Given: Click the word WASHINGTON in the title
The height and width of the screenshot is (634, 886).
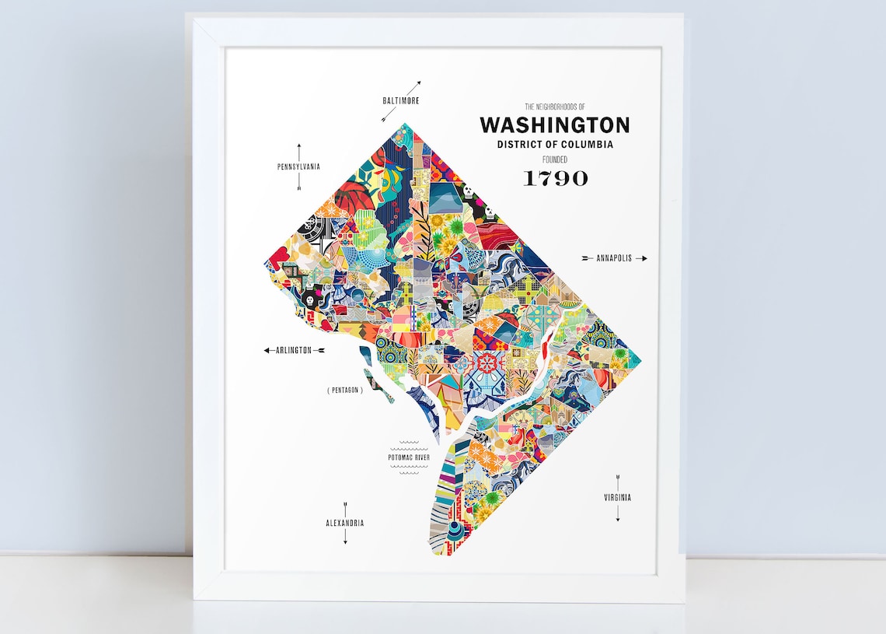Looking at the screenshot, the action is coord(554,125).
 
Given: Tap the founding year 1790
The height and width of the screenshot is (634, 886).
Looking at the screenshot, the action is coord(555,178).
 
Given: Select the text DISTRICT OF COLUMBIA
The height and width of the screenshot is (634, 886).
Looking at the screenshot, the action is coord(555,145).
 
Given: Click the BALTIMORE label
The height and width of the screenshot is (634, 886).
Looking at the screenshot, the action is coord(401,101).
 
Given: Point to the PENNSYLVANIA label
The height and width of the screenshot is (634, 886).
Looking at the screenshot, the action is coord(298,166).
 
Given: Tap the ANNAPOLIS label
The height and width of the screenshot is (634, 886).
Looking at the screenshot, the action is coord(613,258).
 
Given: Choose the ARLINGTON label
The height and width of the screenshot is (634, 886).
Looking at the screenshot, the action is coord(294,351).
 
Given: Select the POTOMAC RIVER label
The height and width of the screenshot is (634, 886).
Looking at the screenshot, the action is coord(409,457).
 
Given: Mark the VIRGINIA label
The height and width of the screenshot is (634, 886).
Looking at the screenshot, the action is coord(618,498).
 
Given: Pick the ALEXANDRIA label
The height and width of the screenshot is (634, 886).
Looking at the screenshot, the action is coord(345,524).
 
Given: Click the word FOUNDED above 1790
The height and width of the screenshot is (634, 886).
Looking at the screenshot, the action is coord(555,159).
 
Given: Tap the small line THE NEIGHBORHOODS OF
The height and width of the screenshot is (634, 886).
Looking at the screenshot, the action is coord(555,107).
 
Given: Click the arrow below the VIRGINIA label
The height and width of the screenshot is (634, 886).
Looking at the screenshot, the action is coord(618,513).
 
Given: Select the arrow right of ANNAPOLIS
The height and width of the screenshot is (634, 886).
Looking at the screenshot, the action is coord(640,258).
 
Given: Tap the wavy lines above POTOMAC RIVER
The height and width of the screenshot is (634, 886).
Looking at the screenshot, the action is coord(409,446).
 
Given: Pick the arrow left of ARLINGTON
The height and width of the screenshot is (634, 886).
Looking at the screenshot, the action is coord(269,351).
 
